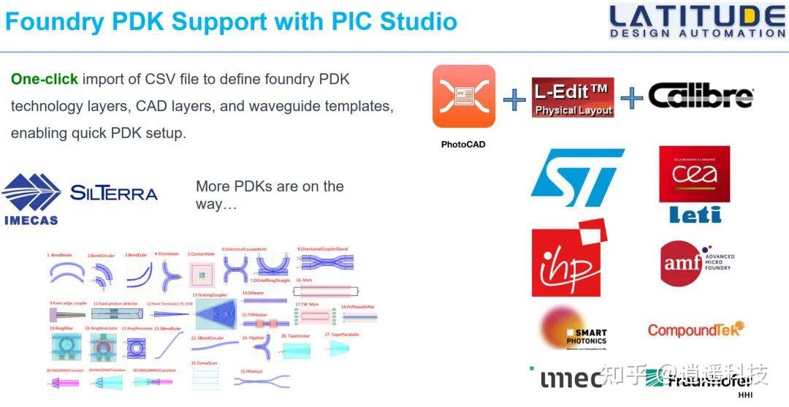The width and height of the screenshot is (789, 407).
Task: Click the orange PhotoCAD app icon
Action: (x=463, y=97)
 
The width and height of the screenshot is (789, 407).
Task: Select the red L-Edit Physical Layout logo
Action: (x=572, y=98)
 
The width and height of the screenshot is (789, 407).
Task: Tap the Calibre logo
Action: (x=701, y=96)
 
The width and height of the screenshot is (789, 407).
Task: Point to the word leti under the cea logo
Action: (x=695, y=215)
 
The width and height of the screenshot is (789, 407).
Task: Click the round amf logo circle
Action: (x=682, y=262)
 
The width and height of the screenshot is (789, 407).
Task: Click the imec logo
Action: (x=571, y=379)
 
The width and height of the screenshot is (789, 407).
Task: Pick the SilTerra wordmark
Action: (x=114, y=193)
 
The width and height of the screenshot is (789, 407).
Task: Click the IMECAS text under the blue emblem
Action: (x=31, y=219)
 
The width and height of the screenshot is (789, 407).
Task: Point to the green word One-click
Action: (x=45, y=79)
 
